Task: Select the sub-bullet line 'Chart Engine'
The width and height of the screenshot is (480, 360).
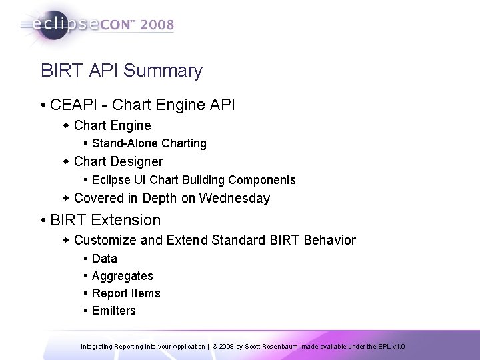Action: pyautogui.click(x=112, y=125)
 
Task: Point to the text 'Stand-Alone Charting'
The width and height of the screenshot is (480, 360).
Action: pyautogui.click(x=149, y=143)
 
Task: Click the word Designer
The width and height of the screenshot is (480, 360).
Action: pyautogui.click(x=137, y=161)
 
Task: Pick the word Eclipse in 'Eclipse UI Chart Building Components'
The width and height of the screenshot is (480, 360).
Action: pyautogui.click(x=110, y=180)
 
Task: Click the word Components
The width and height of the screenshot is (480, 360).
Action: pyautogui.click(x=263, y=180)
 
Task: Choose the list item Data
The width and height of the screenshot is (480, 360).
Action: pyautogui.click(x=104, y=259)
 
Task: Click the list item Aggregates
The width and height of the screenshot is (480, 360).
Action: pyautogui.click(x=122, y=276)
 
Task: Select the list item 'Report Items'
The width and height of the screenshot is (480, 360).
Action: pyautogui.click(x=126, y=293)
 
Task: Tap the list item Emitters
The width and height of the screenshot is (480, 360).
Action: pyautogui.click(x=113, y=311)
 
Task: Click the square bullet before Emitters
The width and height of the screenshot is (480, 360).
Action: pyautogui.click(x=87, y=311)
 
